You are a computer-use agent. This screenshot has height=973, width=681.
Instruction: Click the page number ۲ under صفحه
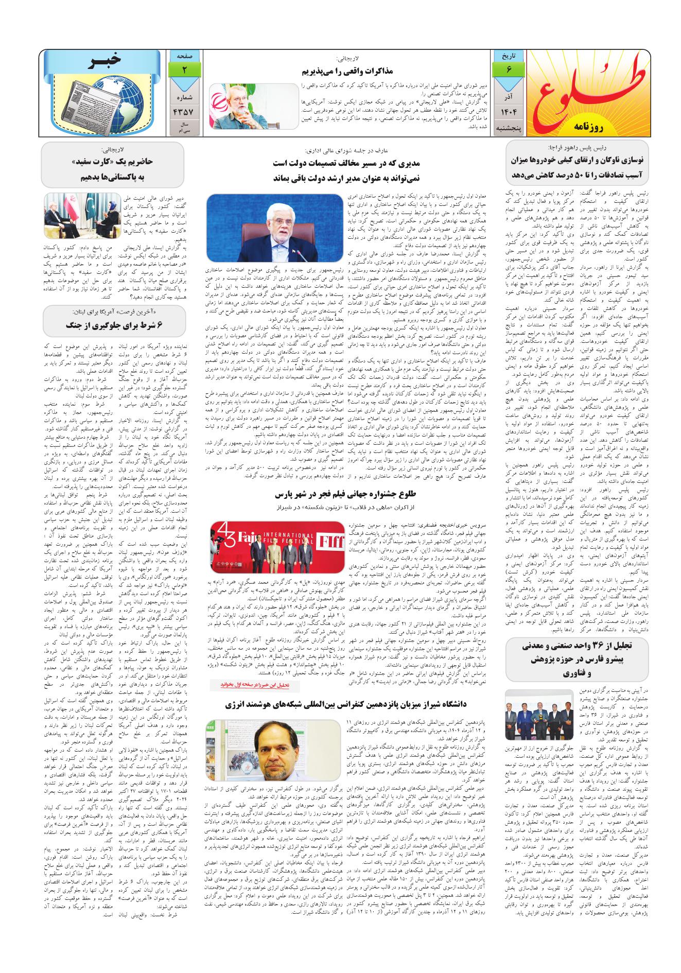pyautogui.click(x=184, y=69)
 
